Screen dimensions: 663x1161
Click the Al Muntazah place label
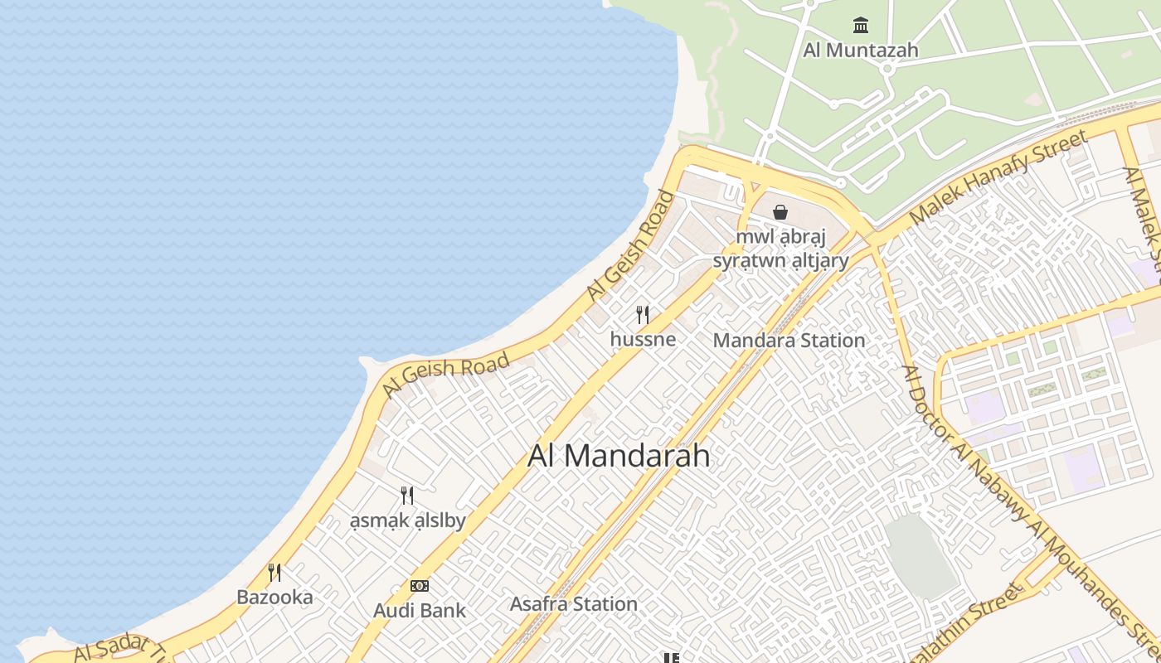[861, 50]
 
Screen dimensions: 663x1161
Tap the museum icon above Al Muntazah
[861, 26]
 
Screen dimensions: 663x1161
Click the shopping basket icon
[780, 212]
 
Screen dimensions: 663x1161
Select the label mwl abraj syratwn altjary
[781, 249]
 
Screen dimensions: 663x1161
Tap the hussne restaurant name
[643, 339]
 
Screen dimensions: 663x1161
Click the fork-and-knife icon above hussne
[643, 315]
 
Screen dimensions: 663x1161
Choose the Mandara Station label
[789, 340]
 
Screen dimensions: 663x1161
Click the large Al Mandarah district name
[619, 456]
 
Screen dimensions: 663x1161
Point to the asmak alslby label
[407, 520]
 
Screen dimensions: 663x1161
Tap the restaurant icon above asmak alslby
[407, 496]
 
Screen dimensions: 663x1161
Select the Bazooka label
[274, 597]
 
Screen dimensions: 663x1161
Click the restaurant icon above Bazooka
[274, 573]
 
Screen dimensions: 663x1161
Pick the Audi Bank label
[420, 611]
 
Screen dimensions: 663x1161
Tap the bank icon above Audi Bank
[420, 586]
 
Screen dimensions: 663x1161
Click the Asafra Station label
[574, 604]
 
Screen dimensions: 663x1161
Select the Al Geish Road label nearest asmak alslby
[446, 375]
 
